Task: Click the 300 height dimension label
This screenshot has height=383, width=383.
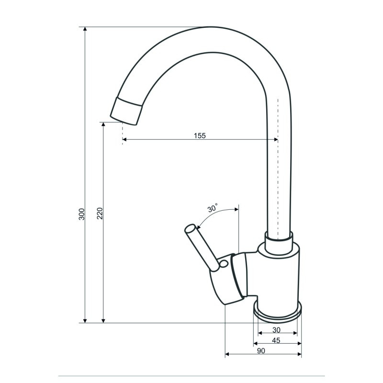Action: tap(81, 214)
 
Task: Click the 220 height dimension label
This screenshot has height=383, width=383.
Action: tap(100, 213)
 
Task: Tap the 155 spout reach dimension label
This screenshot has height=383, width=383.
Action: tap(200, 135)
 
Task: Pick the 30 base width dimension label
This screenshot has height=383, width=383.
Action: tap(276, 330)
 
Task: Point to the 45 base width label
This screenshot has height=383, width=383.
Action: tap(276, 340)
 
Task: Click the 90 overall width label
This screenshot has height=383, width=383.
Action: tap(261, 351)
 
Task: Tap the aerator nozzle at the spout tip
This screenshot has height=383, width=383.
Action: tap(126, 111)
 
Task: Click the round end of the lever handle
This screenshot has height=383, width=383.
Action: tap(190, 229)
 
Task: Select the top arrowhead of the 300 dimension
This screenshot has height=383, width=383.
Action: tap(85, 29)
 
